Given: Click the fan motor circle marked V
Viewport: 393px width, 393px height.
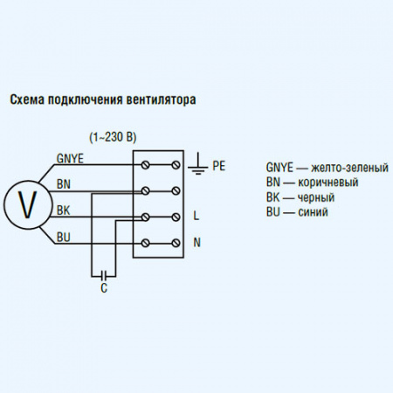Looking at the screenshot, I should (27, 203).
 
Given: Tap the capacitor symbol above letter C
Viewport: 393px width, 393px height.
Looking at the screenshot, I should (104, 272).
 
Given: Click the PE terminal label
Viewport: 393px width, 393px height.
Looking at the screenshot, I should (219, 164).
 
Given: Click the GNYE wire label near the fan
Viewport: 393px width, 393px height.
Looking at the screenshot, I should (69, 158).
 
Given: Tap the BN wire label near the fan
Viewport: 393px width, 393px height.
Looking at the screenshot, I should (64, 184).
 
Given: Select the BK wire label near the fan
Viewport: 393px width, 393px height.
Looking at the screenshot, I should (64, 210).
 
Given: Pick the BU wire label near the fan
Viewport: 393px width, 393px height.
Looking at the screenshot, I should (64, 237).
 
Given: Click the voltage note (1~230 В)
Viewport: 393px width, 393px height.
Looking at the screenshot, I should (114, 139).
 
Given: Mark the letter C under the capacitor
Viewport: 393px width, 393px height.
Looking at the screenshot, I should (104, 287).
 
